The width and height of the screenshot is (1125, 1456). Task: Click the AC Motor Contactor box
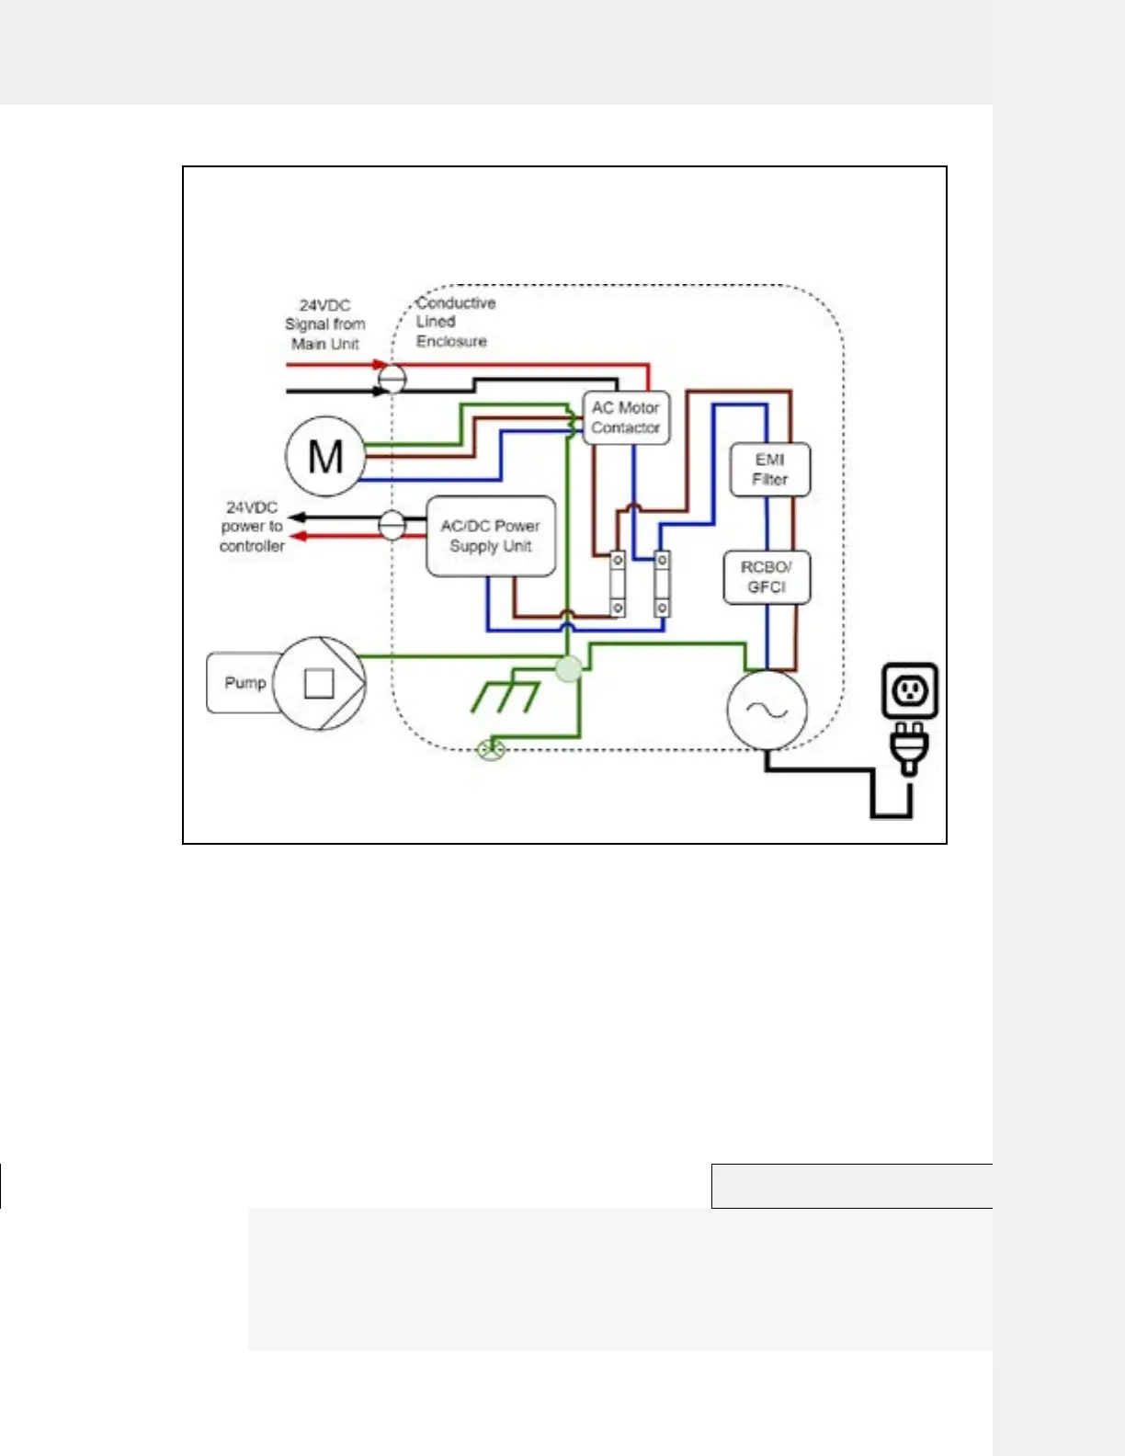[x=626, y=418]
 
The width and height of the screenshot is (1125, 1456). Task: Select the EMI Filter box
[x=770, y=470]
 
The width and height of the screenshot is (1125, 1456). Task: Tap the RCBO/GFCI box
[x=767, y=577]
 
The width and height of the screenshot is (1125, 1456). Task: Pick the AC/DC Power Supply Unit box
[x=491, y=537]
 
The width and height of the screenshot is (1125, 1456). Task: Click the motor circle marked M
[x=325, y=456]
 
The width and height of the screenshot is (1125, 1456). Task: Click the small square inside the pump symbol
[x=319, y=683]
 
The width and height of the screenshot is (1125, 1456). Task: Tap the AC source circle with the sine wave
[x=767, y=710]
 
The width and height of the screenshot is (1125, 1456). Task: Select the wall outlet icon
[x=910, y=690]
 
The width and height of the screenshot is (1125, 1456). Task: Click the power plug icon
[x=909, y=747]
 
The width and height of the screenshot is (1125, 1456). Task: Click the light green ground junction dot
[x=570, y=668]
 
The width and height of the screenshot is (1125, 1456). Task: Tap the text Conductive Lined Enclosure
[x=454, y=322]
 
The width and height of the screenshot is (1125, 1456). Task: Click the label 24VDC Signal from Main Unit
[x=324, y=324]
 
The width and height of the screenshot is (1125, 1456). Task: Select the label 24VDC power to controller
[x=252, y=527]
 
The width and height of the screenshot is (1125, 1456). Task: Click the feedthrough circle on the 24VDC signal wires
[x=392, y=378]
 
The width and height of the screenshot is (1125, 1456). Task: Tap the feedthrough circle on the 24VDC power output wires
[x=392, y=526]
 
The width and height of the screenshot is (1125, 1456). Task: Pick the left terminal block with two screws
[x=619, y=584]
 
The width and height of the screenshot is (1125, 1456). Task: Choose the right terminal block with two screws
[x=662, y=584]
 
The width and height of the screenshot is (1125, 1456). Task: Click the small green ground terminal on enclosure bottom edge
[x=492, y=750]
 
